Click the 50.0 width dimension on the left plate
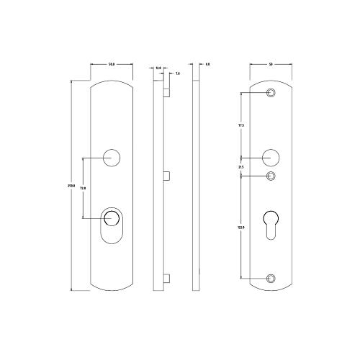(112, 65)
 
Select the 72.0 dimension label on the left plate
(83, 188)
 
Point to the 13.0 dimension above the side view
(158, 68)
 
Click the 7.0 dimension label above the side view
(177, 73)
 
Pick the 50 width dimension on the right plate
(271, 65)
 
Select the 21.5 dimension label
(240, 167)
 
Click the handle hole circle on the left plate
(112, 157)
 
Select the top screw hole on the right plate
(271, 94)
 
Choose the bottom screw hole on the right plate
(271, 279)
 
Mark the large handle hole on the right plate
(271, 156)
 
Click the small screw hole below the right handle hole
(271, 176)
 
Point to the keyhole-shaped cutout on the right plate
(271, 223)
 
